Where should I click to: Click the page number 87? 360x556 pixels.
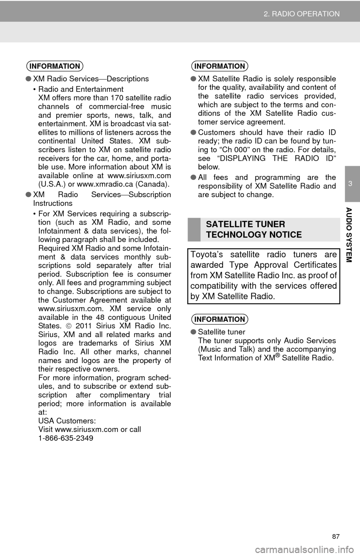pos(336,537)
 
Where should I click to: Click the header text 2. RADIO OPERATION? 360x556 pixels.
pos(301,14)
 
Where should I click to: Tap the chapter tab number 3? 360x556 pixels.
pos(350,184)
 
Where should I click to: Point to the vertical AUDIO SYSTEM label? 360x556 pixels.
pos(349,235)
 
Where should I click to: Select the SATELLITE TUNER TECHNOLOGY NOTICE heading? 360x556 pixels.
pos(254,229)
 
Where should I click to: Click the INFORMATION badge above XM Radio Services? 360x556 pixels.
pos(55,66)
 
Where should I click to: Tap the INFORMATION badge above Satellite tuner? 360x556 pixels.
pos(220,319)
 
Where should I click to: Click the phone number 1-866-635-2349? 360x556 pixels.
pos(66,438)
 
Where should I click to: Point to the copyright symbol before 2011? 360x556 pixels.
pos(69,326)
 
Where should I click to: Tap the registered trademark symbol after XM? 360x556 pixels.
pos(278,356)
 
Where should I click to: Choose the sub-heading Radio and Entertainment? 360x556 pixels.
pos(81,89)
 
